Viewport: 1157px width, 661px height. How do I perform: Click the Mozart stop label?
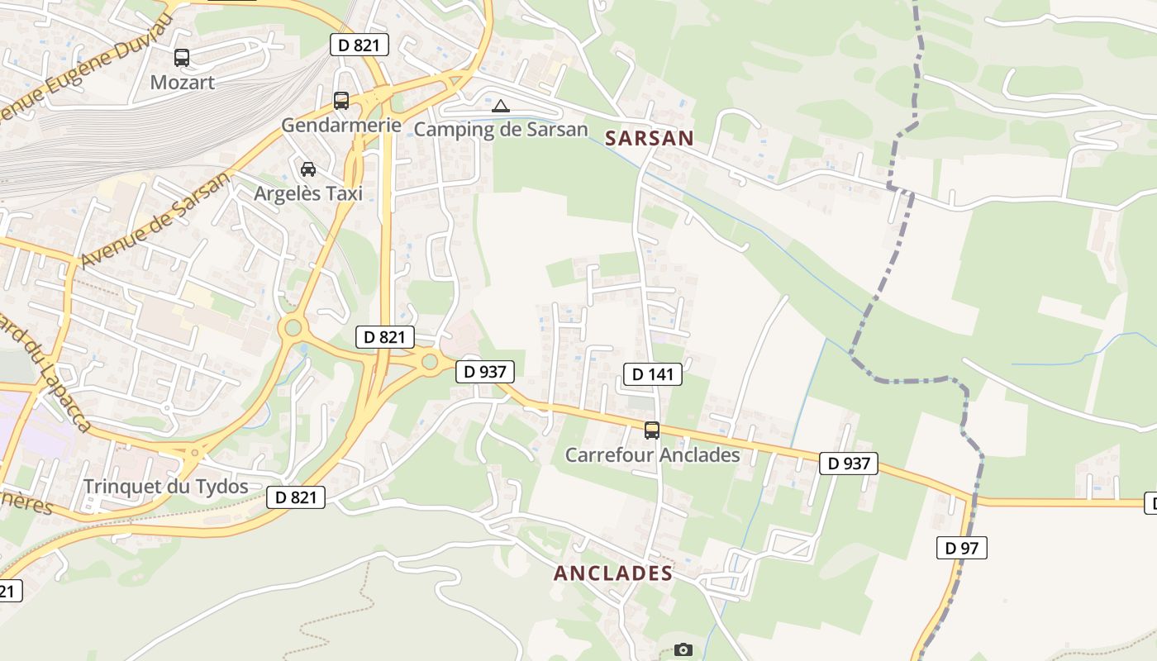pos(182,83)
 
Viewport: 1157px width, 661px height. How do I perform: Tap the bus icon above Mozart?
pos(182,58)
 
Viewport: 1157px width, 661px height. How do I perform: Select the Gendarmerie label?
pos(340,126)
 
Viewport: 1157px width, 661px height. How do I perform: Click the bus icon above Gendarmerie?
pos(340,101)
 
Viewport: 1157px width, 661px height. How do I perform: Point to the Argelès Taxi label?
pos(308,194)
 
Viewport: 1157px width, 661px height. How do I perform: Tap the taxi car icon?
pos(308,169)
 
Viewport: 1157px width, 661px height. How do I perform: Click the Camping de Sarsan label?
pos(501,130)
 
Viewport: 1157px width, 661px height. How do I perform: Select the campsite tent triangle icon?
pos(501,106)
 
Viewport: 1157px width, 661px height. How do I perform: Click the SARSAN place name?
pos(649,138)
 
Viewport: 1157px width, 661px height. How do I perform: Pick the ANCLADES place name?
pos(612,573)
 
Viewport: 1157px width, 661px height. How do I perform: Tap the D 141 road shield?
pos(652,374)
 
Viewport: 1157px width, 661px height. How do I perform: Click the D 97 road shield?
pos(961,547)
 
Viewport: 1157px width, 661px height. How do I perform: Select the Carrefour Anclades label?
pos(652,455)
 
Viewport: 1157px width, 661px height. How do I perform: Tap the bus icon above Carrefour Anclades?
pos(652,430)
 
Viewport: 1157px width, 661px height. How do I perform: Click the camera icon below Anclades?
pos(683,650)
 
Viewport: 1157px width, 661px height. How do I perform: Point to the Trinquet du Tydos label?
pos(165,487)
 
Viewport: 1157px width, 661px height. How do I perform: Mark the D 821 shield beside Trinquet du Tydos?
pos(295,497)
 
